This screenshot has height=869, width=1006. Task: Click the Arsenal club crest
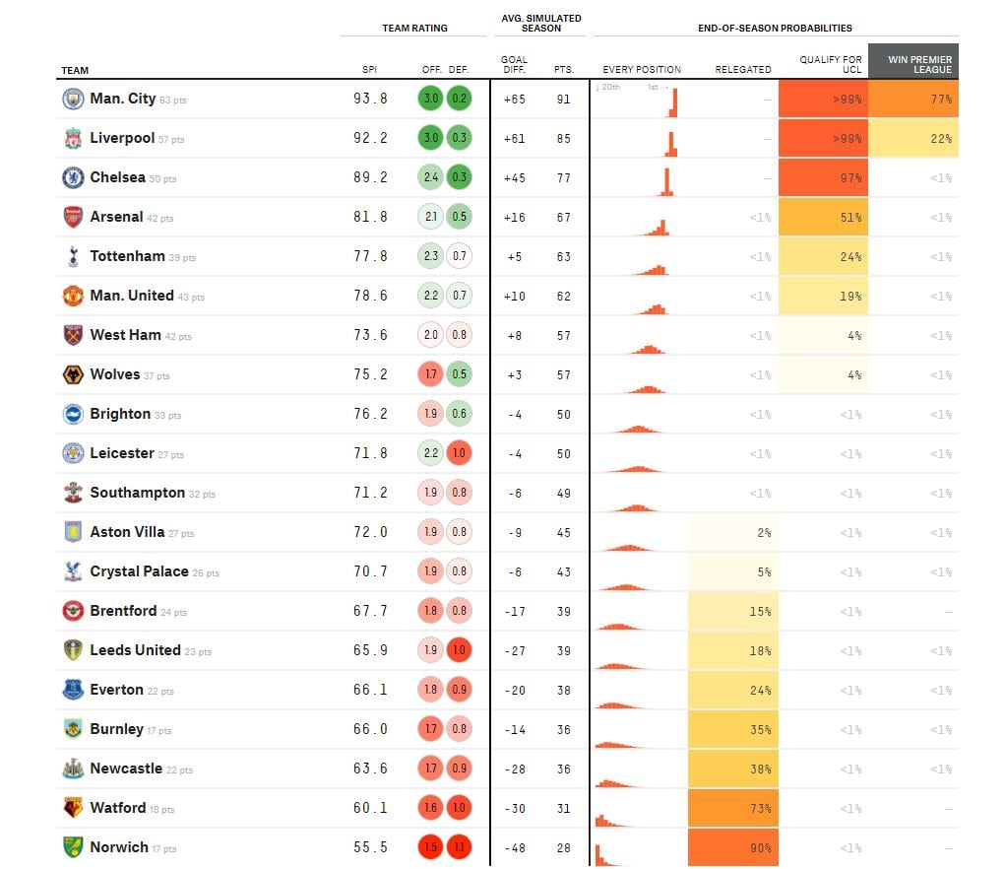tap(73, 217)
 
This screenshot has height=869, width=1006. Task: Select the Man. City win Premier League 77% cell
tap(913, 100)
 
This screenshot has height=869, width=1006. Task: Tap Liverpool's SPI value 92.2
tap(370, 139)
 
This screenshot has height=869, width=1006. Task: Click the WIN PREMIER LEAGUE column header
tap(913, 62)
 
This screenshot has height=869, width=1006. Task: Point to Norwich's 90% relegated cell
tap(733, 847)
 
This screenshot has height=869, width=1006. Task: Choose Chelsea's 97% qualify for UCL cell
tap(823, 178)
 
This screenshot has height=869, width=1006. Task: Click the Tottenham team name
tap(127, 256)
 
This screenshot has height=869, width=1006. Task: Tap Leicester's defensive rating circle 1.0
tap(458, 453)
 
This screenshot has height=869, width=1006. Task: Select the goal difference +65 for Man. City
tap(514, 100)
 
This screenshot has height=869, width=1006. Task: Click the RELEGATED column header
tap(742, 70)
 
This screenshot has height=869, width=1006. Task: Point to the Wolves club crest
tap(73, 374)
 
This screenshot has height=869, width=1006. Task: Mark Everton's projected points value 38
tap(563, 690)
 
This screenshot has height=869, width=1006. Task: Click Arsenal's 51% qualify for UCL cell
tap(823, 218)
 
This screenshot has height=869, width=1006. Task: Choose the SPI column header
tap(369, 70)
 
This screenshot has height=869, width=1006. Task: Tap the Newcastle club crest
tap(73, 769)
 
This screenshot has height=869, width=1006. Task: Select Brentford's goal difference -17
tap(514, 611)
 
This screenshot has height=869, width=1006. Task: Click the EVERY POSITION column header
tap(642, 70)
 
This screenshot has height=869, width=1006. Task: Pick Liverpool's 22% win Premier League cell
tap(913, 139)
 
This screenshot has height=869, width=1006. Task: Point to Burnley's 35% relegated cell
tap(733, 729)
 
